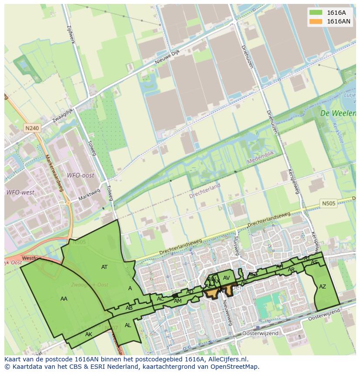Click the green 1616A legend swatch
pos(316,13)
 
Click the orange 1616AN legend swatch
pos(316,21)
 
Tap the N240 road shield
pos(31,128)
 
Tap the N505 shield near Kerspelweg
pos(329,203)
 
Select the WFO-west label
pos(20,192)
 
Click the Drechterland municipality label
pos(204,191)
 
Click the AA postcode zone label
pos(64,298)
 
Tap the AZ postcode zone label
pos(322,287)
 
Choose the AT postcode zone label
pos(104,267)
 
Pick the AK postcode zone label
pos(89,334)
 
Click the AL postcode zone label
pos(128,325)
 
